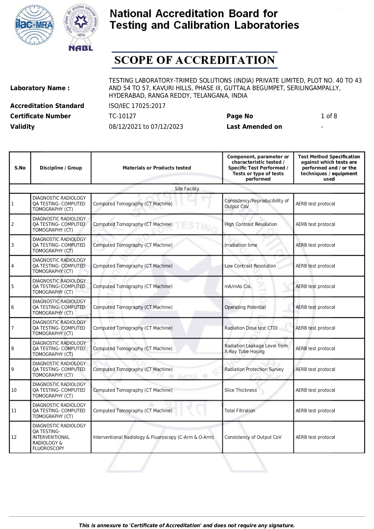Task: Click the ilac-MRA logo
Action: (35, 25)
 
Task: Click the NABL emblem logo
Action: (81, 27)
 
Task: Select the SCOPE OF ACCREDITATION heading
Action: (194, 60)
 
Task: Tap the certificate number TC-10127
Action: (122, 116)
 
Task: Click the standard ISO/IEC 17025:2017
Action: (137, 106)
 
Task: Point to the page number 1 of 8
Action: (329, 116)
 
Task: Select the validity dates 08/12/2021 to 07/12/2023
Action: (146, 127)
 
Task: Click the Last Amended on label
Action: (254, 127)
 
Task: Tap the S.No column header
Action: (20, 168)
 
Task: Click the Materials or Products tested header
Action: (157, 168)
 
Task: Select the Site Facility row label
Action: (187, 188)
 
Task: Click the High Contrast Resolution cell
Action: (250, 224)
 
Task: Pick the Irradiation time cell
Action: (241, 245)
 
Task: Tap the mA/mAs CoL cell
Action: (237, 287)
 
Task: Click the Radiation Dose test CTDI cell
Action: (251, 328)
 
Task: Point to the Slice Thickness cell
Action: (240, 390)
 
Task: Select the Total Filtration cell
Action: (240, 411)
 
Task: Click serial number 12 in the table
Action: (14, 437)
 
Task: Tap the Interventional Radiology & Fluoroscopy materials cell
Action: (153, 437)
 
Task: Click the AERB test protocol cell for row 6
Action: (315, 307)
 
